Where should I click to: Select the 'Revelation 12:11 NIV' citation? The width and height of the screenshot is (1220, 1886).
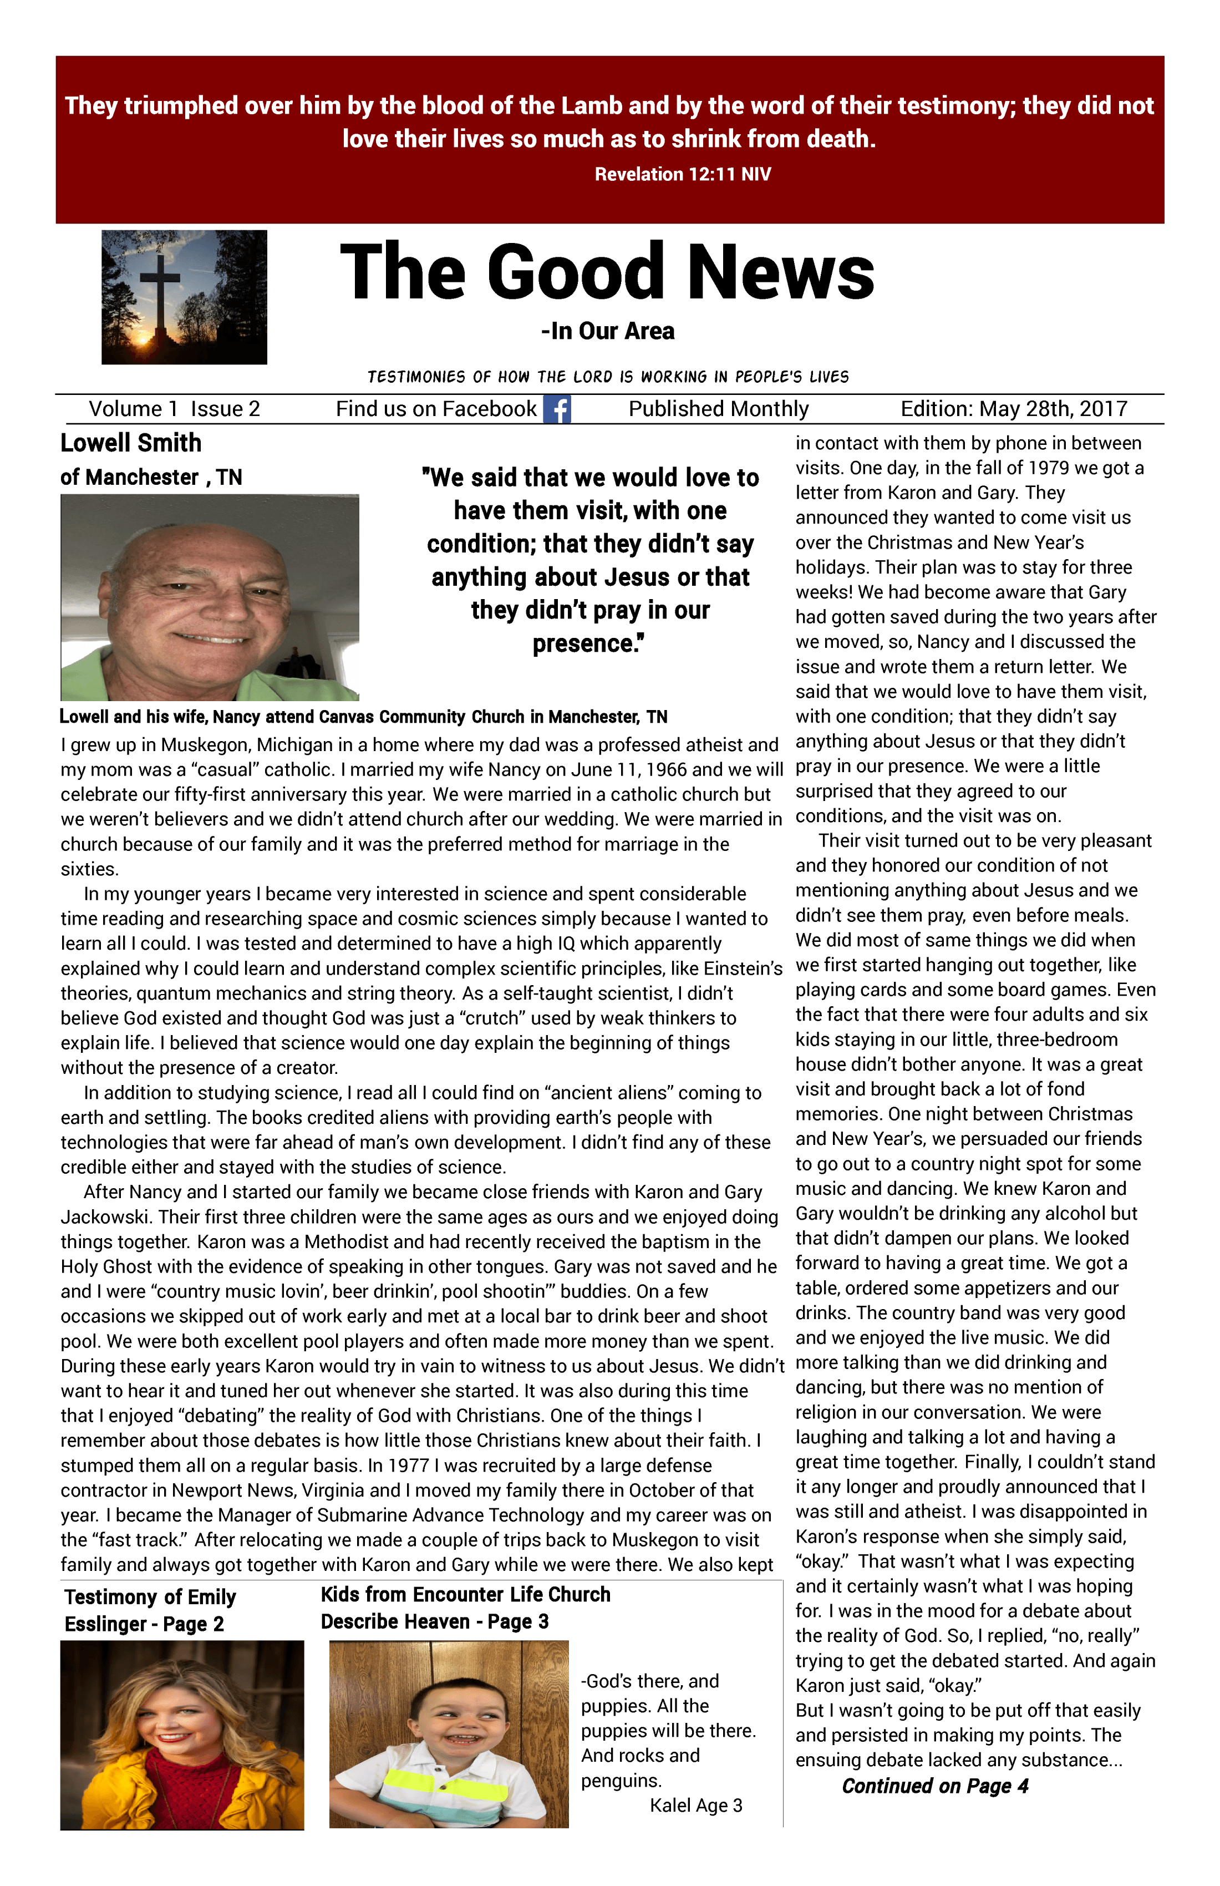[682, 174]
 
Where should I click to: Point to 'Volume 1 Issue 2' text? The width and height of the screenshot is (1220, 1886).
[174, 409]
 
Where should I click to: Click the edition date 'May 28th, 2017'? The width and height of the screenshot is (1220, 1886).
[1053, 409]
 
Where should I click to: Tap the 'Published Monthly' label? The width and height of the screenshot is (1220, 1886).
[719, 409]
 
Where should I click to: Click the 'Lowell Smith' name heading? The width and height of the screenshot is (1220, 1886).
[131, 443]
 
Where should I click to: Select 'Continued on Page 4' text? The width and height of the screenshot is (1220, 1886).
[935, 1786]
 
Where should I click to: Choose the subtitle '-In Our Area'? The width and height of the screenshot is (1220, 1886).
[608, 331]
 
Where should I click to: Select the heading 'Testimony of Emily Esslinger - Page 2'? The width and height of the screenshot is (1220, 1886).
[150, 1610]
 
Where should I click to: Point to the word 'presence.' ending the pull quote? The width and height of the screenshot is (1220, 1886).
[588, 643]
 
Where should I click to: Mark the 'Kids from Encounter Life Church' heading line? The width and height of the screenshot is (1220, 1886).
[466, 1594]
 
